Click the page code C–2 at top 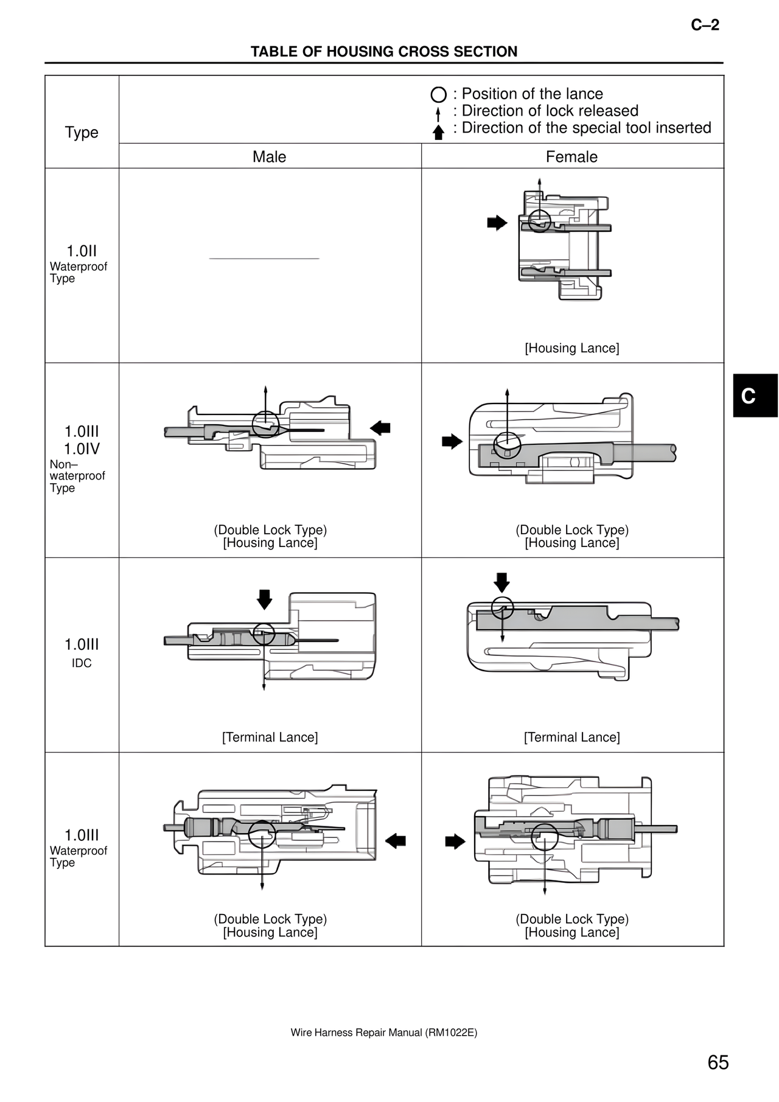tap(705, 25)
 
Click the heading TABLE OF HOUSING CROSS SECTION tap(384, 52)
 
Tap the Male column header tap(269, 157)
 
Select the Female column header tap(571, 157)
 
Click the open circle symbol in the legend tap(438, 95)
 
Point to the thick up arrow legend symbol tap(438, 132)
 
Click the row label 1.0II tap(82, 251)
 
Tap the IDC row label tap(82, 663)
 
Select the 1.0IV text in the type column tap(82, 449)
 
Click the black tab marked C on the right tap(755, 396)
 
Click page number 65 tap(718, 1062)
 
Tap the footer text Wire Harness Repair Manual tap(383, 1033)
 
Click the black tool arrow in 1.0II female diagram tap(497, 223)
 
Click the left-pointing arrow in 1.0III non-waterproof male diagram tap(380, 428)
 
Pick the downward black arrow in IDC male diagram tap(264, 599)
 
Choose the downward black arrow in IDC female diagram tap(501, 582)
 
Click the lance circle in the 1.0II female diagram tap(539, 221)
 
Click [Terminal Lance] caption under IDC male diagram tap(270, 738)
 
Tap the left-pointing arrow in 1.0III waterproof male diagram tap(396, 841)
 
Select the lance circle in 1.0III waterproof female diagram tap(545, 837)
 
